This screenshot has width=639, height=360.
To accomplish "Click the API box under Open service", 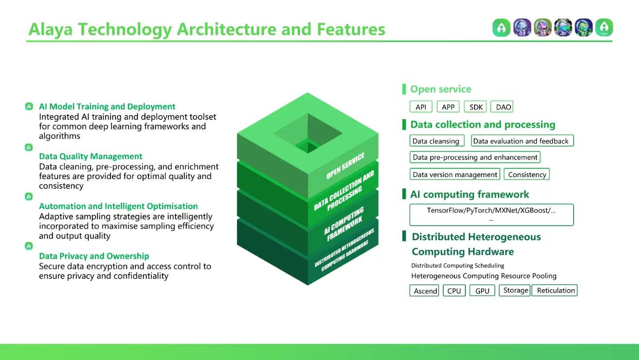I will (421, 107).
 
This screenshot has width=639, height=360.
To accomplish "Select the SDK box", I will (476, 107).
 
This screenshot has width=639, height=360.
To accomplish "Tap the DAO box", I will (503, 107).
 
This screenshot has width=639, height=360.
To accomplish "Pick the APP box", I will (448, 107).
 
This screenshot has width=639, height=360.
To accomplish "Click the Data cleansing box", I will (436, 141).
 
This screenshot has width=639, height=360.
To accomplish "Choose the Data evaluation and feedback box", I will (522, 141).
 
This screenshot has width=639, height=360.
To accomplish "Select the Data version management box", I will (455, 174).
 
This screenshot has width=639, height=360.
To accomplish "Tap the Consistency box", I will (527, 174).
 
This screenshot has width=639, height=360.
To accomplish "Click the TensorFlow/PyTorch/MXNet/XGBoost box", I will (491, 214).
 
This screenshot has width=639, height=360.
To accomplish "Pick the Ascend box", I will (425, 291).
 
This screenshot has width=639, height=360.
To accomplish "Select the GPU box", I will (482, 291).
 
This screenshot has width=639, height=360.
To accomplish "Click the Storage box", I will (515, 290).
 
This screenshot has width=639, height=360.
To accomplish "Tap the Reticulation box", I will (555, 290).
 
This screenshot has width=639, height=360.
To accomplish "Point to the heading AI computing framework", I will (469, 195).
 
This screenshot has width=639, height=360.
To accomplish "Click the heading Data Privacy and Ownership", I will (94, 256).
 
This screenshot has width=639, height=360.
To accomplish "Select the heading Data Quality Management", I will (91, 156).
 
